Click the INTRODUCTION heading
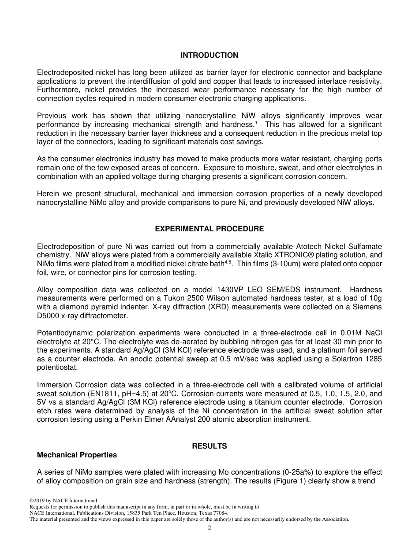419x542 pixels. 209,56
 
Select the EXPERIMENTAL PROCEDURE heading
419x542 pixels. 209,229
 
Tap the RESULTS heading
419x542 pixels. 209,446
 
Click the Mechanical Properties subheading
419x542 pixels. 77,455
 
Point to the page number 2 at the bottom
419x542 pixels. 209,528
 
